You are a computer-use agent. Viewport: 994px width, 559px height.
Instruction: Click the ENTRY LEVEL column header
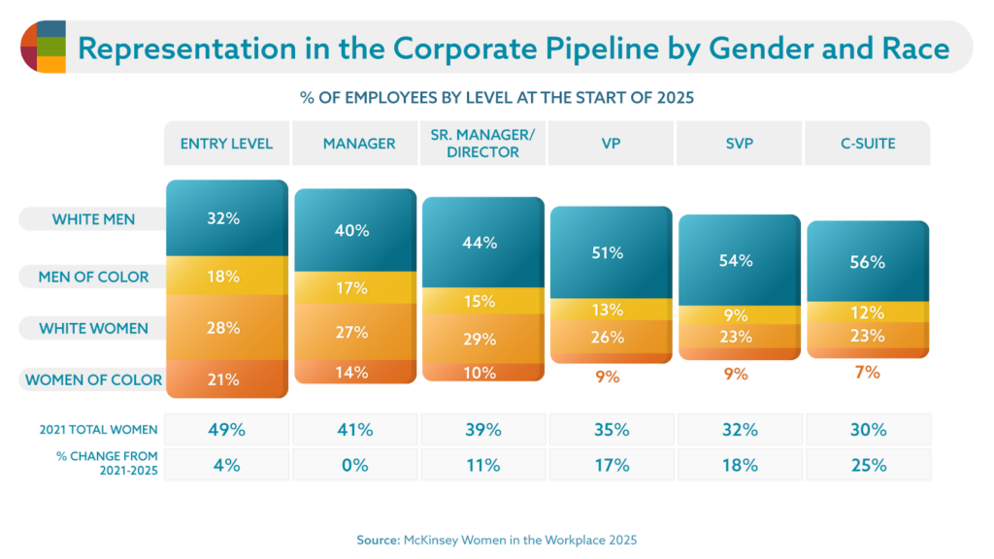(226, 144)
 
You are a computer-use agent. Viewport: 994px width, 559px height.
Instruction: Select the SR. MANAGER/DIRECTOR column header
(482, 144)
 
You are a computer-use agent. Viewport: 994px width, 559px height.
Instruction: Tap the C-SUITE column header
(868, 144)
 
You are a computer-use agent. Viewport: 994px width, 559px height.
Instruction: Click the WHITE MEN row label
(92, 219)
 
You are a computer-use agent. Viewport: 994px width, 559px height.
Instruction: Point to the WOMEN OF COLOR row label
(92, 379)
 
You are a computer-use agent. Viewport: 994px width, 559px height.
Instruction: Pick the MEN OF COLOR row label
(92, 277)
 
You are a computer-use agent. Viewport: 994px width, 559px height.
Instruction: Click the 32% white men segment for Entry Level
(223, 219)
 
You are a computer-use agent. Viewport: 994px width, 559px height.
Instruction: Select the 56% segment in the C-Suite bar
(868, 262)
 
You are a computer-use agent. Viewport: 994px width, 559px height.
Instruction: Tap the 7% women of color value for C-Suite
(868, 373)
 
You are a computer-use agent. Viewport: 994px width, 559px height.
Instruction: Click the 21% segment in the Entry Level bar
(223, 379)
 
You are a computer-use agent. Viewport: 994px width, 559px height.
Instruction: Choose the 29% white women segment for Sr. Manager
(482, 339)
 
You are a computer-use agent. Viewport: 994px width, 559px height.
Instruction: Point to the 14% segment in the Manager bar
(354, 372)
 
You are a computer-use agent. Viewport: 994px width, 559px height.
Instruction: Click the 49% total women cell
(223, 430)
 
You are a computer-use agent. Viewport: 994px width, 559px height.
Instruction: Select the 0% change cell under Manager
(354, 465)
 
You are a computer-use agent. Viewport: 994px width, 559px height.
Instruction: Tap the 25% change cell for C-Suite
(868, 465)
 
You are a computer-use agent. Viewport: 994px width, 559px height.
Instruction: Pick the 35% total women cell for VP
(611, 430)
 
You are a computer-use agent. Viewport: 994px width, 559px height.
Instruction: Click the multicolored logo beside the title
(43, 47)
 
